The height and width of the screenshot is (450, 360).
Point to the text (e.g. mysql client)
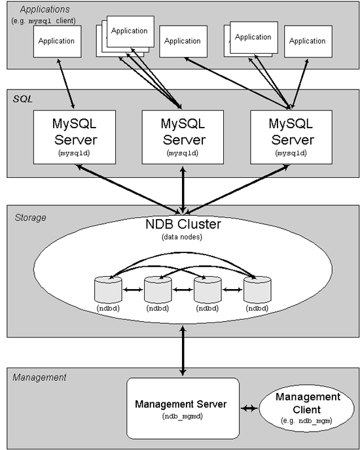(43, 20)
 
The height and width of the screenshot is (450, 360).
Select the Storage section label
(30, 217)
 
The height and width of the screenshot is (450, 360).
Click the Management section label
(39, 377)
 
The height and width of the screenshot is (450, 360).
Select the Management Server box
(180, 408)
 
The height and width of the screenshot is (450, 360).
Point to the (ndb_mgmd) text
(180, 416)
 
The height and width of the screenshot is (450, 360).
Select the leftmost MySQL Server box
(75, 135)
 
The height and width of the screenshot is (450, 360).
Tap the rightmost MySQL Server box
(292, 135)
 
